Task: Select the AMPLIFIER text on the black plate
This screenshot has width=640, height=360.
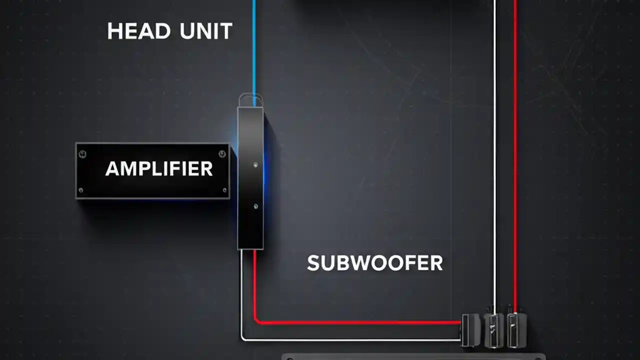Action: pyautogui.click(x=159, y=169)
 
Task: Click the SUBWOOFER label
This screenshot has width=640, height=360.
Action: pyautogui.click(x=374, y=263)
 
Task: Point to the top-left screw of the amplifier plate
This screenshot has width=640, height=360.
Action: pyautogui.click(x=83, y=154)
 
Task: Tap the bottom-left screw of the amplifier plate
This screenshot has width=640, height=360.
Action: pyautogui.click(x=81, y=190)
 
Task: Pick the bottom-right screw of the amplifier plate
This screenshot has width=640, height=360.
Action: pyautogui.click(x=224, y=190)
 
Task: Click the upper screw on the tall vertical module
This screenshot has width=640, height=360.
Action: pyautogui.click(x=255, y=164)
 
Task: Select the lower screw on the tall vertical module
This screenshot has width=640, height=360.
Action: pyautogui.click(x=255, y=205)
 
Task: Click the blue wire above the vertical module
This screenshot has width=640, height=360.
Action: pyautogui.click(x=254, y=50)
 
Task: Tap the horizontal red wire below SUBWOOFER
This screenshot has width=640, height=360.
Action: pyautogui.click(x=360, y=322)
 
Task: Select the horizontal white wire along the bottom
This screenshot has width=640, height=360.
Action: pyautogui.click(x=350, y=340)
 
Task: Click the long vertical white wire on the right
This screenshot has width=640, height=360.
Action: pyautogui.click(x=495, y=150)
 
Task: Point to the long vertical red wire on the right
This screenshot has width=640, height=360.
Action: pyautogui.click(x=515, y=150)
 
